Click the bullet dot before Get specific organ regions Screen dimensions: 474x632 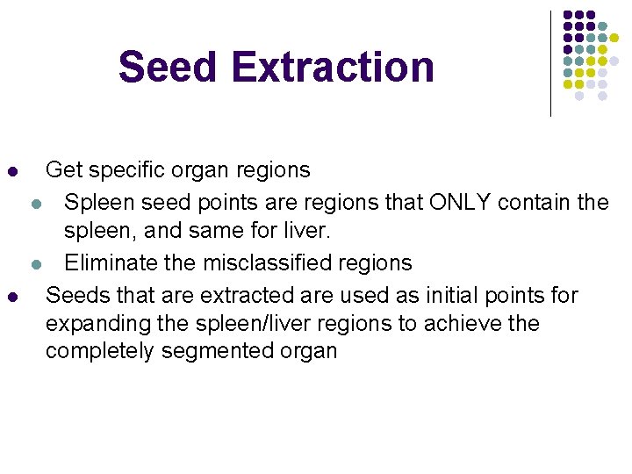[11, 170]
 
